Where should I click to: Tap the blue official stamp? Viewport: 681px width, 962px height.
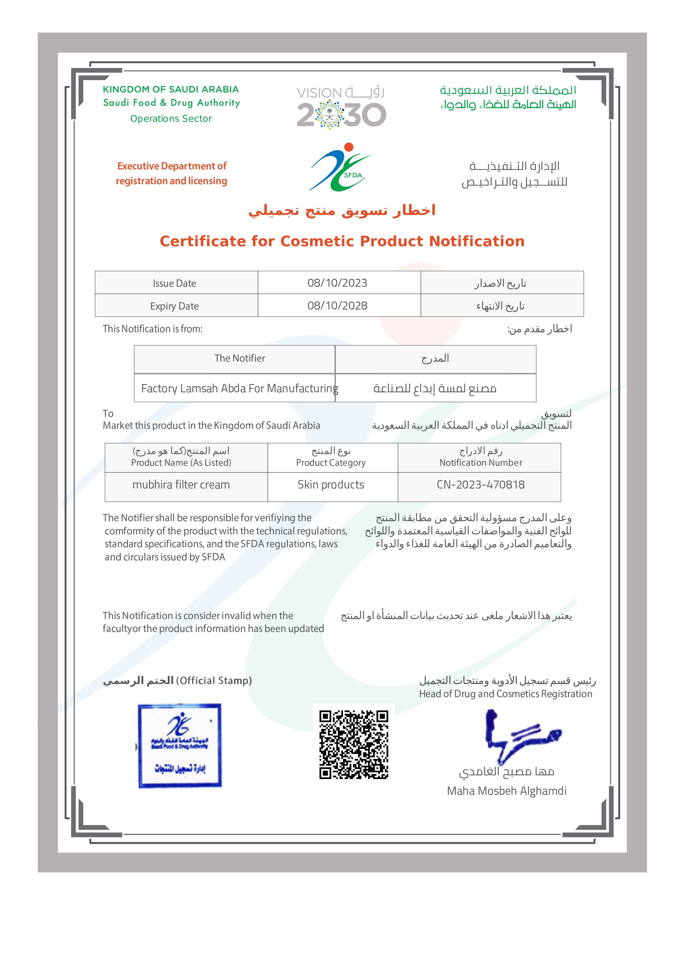180,746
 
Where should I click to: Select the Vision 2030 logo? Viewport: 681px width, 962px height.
341,107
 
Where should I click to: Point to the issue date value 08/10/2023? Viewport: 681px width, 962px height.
337,283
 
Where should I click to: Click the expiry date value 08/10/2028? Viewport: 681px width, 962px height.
337,306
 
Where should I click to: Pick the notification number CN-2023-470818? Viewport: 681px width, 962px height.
481,485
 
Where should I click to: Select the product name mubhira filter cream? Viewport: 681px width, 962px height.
181,485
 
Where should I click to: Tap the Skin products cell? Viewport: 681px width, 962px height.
331,485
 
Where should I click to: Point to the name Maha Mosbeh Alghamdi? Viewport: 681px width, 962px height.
507,791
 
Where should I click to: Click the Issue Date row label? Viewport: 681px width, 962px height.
174,283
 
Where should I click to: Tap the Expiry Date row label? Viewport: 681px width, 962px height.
174,306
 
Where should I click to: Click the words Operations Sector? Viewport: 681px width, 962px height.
171,119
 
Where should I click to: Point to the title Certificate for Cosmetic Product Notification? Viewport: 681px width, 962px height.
342,241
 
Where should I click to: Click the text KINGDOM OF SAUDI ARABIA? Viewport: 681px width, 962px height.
171,89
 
